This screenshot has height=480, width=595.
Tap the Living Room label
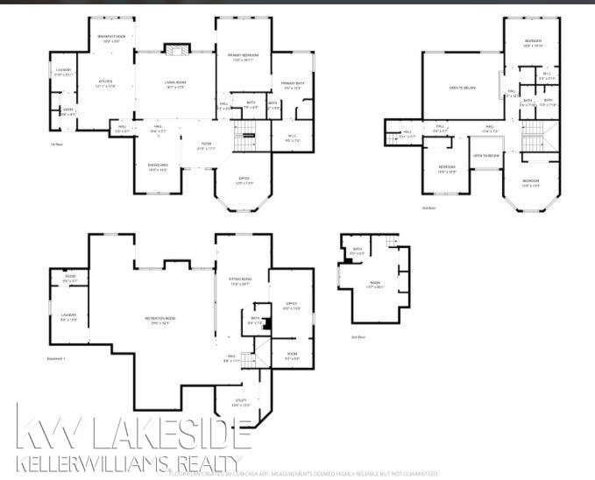[x=174, y=83]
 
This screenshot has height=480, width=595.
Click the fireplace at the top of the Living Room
[x=175, y=49]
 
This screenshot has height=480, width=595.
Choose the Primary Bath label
[x=292, y=85]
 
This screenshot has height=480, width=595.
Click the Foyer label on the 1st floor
[x=206, y=145]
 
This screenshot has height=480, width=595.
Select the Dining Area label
[x=158, y=167]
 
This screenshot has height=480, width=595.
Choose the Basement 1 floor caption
[x=58, y=358]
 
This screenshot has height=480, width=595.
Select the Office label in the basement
[x=291, y=306]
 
